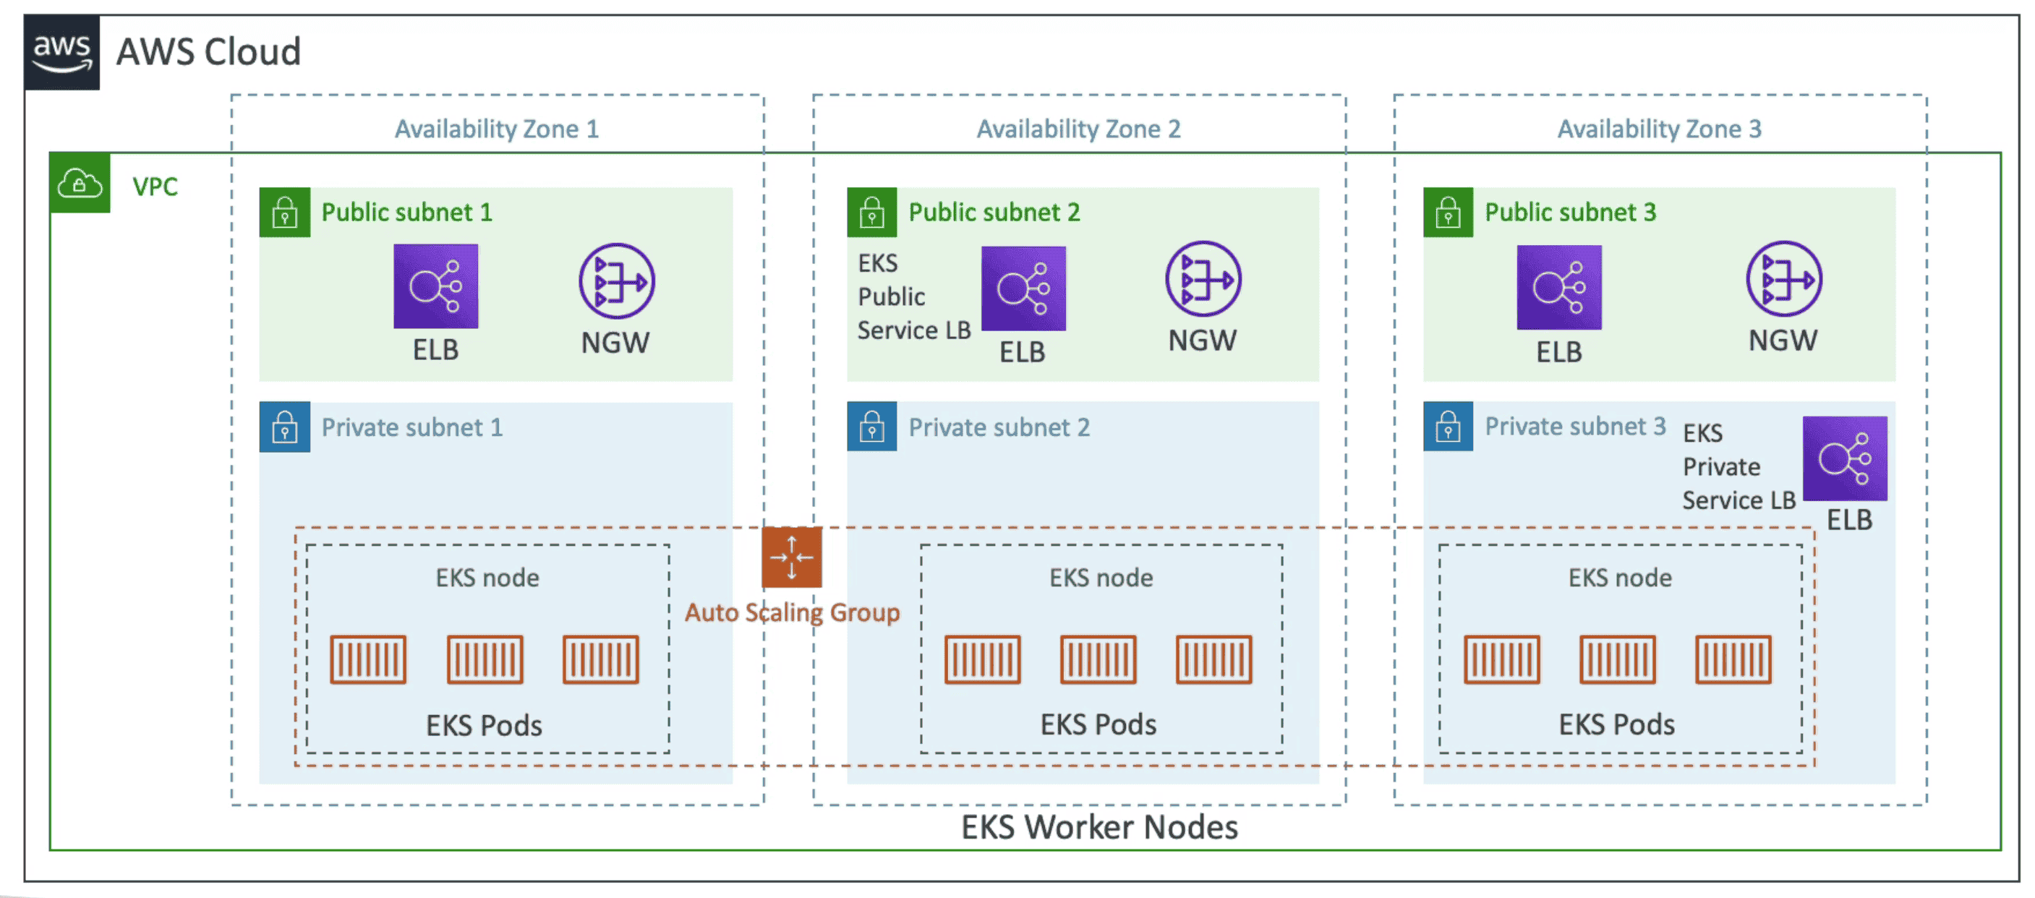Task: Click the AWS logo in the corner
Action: coord(61,51)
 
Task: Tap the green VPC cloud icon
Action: coord(80,184)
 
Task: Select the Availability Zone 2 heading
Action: coord(1078,129)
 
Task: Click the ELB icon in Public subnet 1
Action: coord(435,286)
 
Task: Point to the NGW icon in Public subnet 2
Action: coord(1203,279)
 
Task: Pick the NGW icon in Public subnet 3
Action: coord(1783,279)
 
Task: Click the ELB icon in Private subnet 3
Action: coord(1844,458)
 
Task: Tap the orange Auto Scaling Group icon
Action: coord(792,557)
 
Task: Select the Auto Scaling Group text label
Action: coord(792,613)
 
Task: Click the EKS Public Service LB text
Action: coord(913,297)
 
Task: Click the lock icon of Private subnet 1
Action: coord(284,427)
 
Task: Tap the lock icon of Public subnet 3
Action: coord(1447,213)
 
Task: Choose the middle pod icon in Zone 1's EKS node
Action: coord(485,659)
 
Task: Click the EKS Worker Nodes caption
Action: coord(1099,827)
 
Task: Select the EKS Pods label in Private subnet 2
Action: coord(1097,724)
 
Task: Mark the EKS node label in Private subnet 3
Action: coord(1619,578)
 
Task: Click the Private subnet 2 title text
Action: coord(999,427)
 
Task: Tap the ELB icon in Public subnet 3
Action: coord(1558,288)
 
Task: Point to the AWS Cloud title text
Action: coord(208,52)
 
